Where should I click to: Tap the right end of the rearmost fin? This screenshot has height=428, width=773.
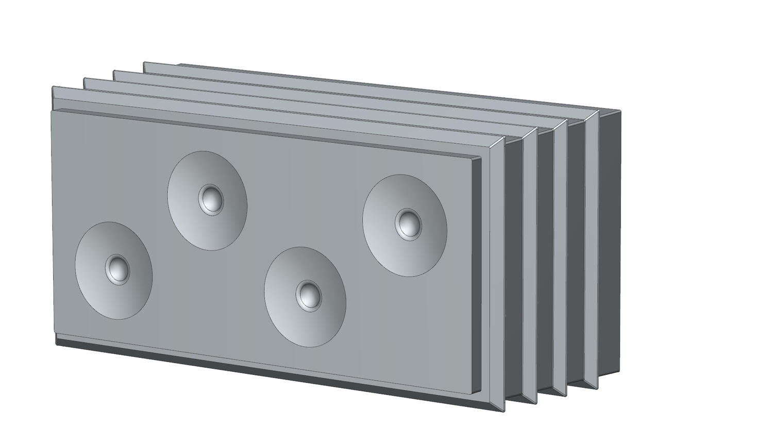592,247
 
